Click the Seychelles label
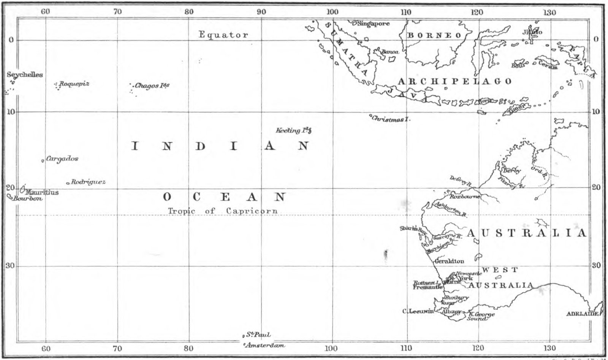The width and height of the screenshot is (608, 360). tap(25, 75)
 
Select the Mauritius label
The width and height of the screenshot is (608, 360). tap(42, 192)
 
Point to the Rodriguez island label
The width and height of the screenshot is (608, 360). tap(88, 182)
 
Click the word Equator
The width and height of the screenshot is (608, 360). tap(223, 35)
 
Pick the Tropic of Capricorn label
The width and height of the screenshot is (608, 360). tap(223, 211)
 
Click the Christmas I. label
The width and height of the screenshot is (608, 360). tap(391, 119)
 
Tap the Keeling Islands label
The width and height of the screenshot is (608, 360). tap(293, 130)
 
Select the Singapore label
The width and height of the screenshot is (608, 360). tap(374, 24)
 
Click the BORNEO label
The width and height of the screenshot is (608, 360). tap(434, 35)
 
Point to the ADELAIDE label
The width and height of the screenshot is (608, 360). tap(582, 314)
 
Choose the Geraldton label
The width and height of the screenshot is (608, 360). tap(449, 261)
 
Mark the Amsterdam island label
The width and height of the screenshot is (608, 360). tap(265, 346)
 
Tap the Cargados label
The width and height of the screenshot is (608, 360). tap(62, 159)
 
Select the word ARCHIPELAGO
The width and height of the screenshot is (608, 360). tap(454, 81)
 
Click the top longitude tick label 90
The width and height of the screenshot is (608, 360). tap(261, 12)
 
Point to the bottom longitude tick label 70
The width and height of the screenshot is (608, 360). tap(117, 348)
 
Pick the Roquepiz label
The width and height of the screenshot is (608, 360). tap(74, 84)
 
